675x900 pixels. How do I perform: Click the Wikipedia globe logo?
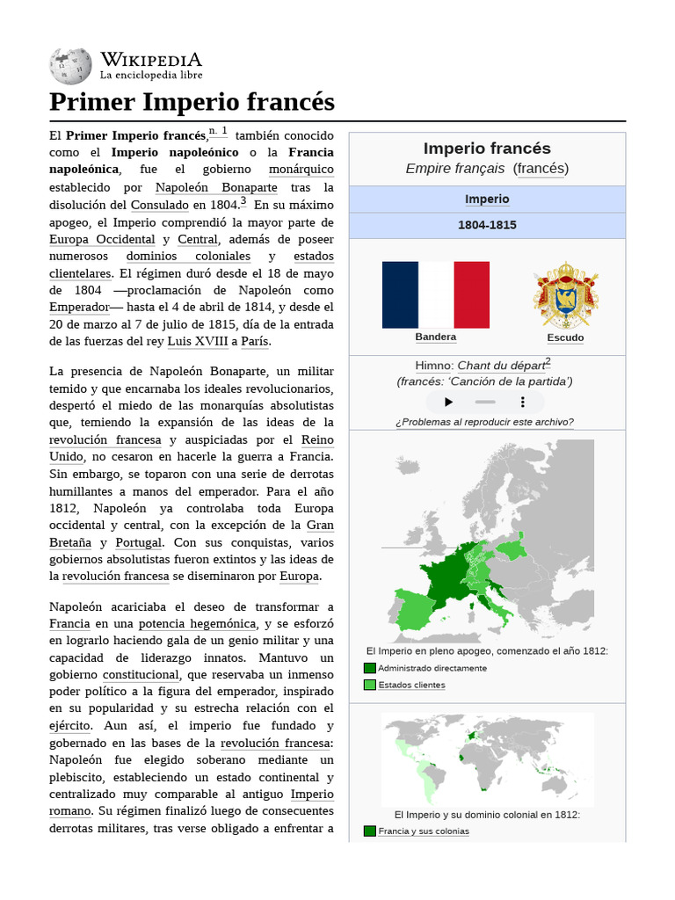point(71,66)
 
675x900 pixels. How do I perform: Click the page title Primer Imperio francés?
point(192,102)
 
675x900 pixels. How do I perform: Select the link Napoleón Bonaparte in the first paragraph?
point(216,187)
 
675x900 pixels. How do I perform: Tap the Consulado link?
point(159,205)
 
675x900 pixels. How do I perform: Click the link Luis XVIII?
point(197,342)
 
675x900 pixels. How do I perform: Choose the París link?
point(255,342)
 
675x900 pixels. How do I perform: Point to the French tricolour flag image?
point(435,294)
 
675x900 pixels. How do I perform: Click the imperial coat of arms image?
point(565,294)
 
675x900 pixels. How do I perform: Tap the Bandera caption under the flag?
point(435,337)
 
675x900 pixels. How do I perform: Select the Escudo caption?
point(565,337)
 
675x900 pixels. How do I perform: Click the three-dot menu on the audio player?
point(523,402)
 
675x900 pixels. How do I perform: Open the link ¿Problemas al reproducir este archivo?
point(484,422)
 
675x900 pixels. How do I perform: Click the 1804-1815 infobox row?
point(487,225)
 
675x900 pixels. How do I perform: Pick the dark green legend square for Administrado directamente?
point(369,668)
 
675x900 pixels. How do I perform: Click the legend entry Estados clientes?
point(411,685)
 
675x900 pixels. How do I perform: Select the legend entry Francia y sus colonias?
point(424,831)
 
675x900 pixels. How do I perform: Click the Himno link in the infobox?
point(433,365)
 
